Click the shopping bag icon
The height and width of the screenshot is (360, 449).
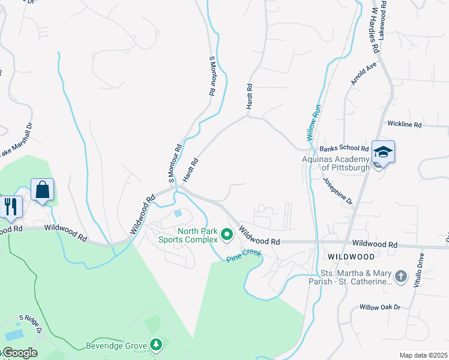pos(42,190)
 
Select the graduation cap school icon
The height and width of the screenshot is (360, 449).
pos(383,152)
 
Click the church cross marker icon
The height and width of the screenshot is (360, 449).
pos(400,277)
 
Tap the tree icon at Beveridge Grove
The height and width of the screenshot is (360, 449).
pos(156,344)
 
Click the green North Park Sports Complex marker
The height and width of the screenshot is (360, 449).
pos(227,233)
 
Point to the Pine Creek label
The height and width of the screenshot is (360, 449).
pos(244,256)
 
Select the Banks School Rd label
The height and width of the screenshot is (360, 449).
pos(344,148)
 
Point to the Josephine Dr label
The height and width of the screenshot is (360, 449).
pos(337,191)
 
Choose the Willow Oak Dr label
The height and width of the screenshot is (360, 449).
pos(379,307)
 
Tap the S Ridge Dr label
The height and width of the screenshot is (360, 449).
pos(31,323)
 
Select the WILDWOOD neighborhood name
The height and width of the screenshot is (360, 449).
pos(351,256)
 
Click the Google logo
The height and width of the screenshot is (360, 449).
pos(19,353)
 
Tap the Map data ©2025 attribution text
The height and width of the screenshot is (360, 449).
pos(423,355)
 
